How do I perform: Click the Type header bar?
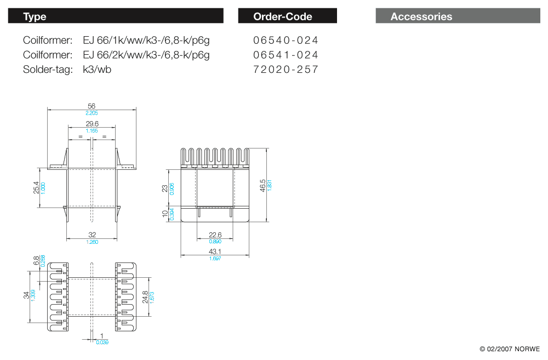coord(116,16)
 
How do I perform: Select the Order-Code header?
coord(287,16)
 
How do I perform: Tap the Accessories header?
coord(458,16)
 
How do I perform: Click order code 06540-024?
coord(286,40)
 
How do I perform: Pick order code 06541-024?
coord(286,55)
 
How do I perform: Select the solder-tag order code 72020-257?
coord(286,70)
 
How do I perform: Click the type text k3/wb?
coord(97,70)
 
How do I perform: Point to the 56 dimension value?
coord(92,106)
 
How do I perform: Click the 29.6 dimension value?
coord(92,124)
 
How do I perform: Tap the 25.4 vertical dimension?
coord(36,188)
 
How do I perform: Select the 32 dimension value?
coord(92,235)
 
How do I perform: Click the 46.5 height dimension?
coord(263,185)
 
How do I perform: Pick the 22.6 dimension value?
coord(215,235)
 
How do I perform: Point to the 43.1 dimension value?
coord(215,252)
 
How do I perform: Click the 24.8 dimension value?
coord(145,297)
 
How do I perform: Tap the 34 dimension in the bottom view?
coord(26,295)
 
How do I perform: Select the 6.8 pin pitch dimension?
coord(36,261)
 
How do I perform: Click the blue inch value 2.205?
coord(92,113)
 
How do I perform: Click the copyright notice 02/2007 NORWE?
coord(510,349)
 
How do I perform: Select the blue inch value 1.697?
coord(215,258)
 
